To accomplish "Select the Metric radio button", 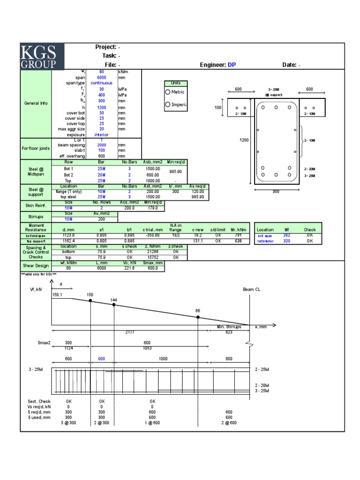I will coord(168,92).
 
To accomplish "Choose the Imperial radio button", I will coord(168,105).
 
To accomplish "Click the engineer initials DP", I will coord(232,65).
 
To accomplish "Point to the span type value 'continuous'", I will coord(101,83).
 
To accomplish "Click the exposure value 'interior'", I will coord(101,135).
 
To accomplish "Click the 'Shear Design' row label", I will coord(36,265).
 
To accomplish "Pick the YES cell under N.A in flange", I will coord(176,235).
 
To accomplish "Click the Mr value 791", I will coord(238,235).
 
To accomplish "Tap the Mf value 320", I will coord(287,240).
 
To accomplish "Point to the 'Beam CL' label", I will coord(251,290).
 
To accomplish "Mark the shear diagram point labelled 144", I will coord(114,304).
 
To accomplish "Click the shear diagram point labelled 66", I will coord(198,317).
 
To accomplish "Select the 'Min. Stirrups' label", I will coord(229,327).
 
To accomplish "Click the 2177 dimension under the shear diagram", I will coord(130,332).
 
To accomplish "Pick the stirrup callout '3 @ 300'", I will coord(68,423).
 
